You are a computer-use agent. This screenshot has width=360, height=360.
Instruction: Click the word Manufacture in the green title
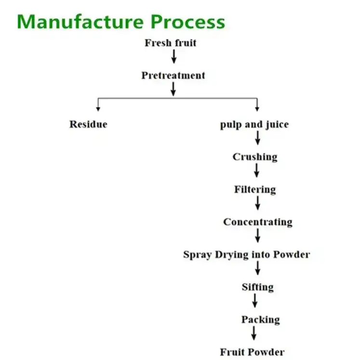80,22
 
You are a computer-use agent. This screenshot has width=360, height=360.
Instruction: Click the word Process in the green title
187,22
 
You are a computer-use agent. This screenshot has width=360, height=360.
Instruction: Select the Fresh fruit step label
170,43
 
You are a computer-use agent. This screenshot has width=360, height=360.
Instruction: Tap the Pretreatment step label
173,76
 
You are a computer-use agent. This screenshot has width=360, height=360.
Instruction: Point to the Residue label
88,124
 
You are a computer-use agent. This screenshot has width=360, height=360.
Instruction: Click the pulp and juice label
254,124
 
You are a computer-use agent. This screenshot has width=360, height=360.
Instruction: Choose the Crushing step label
255,157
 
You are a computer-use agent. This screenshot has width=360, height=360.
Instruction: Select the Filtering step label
255,189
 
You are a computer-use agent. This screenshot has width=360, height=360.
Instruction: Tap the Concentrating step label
257,222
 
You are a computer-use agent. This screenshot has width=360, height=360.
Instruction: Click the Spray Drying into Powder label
246,254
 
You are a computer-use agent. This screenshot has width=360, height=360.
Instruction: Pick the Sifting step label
257,287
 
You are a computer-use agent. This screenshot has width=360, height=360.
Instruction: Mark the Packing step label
260,320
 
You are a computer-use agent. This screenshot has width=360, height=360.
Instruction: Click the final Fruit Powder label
252,352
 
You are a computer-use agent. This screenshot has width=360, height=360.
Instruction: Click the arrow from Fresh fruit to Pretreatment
174,56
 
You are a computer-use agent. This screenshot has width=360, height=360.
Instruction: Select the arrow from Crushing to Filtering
257,170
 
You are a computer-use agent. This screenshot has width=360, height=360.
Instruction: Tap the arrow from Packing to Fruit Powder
254,333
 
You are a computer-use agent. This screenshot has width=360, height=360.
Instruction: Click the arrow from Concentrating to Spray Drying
258,235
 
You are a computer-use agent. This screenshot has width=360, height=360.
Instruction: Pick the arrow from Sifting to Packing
255,301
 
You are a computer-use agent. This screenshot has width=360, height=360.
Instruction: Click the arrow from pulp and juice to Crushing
258,138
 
